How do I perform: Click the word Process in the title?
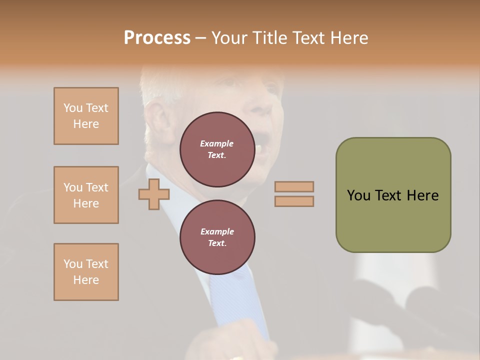[x=157, y=37]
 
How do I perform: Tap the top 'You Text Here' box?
[x=86, y=116]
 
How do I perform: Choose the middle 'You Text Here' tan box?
[x=86, y=195]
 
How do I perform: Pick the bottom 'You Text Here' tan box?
[x=86, y=272]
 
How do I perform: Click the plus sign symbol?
[x=153, y=194]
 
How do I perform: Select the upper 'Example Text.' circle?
[x=217, y=149]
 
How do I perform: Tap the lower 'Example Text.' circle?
[x=217, y=237]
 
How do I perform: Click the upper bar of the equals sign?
[x=294, y=187]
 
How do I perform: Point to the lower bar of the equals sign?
[x=294, y=201]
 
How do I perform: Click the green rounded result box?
[x=393, y=195]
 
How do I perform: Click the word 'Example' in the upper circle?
[x=216, y=143]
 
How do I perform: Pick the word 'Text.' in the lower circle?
[x=217, y=243]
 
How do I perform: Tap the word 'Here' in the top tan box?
[x=86, y=124]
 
